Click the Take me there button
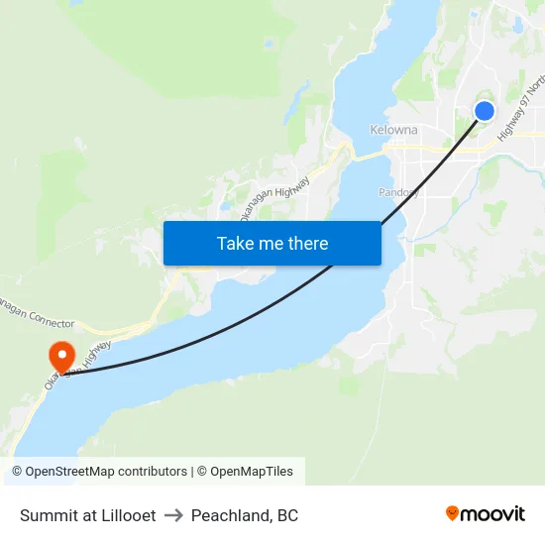(x=272, y=244)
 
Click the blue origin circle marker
(x=485, y=111)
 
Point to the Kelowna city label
(x=393, y=130)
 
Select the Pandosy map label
(x=398, y=192)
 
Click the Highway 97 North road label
(x=518, y=110)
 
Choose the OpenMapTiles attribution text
(x=249, y=472)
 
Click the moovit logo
(x=485, y=514)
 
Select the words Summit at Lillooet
(x=87, y=515)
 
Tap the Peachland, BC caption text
(x=245, y=515)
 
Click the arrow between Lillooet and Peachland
(x=173, y=515)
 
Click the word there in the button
(x=305, y=244)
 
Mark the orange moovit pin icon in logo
(x=453, y=513)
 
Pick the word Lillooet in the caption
(x=126, y=515)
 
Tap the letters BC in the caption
(x=287, y=515)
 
